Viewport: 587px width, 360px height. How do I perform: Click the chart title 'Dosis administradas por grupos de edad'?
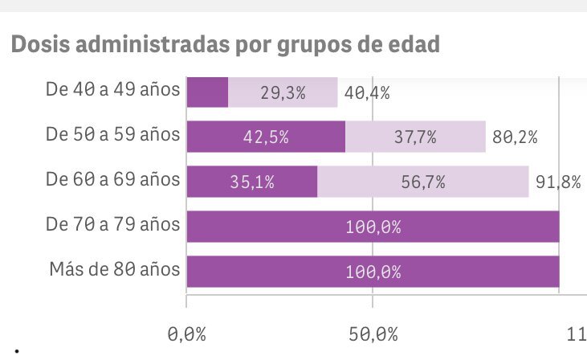(226, 44)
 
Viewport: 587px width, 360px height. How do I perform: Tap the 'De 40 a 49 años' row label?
(112, 90)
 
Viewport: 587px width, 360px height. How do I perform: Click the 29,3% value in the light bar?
(283, 92)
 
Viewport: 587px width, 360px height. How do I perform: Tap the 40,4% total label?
(366, 92)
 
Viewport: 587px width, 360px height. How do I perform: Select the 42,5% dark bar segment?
(266, 137)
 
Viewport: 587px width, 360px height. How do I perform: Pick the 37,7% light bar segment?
(415, 137)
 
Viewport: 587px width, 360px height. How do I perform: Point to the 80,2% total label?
(515, 137)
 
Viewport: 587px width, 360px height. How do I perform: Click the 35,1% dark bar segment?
(252, 182)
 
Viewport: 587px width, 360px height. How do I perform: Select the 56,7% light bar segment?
(422, 182)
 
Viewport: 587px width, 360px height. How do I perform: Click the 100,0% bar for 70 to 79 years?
(373, 227)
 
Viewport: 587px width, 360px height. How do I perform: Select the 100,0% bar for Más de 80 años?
(373, 272)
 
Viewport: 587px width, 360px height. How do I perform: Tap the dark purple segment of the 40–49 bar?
(207, 92)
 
